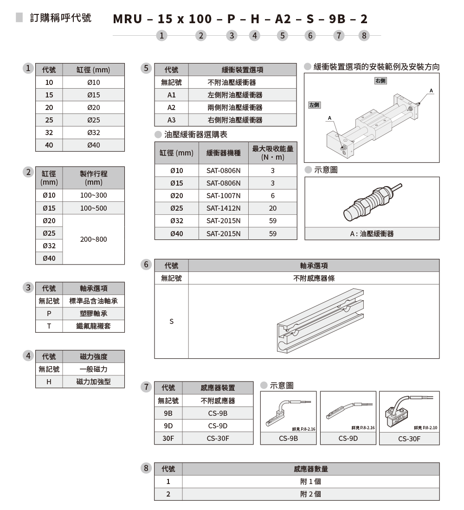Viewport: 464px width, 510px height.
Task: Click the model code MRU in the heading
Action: coord(128,19)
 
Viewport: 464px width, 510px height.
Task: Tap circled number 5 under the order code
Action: coord(282,35)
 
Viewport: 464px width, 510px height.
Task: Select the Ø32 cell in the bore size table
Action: coord(93,133)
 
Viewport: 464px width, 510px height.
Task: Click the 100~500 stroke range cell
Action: coord(93,208)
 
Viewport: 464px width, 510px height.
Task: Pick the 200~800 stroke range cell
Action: coord(93,239)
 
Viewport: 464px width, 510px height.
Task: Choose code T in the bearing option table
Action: coord(49,326)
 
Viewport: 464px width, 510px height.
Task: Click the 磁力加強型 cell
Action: coord(93,382)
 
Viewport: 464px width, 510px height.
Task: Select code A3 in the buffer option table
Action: coord(171,120)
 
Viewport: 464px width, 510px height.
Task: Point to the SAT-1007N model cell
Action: coord(224,196)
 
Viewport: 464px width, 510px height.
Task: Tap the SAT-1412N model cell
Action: coord(224,208)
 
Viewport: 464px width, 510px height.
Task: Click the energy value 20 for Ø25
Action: coord(272,208)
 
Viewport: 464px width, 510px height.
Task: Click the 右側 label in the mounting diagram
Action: coord(380,81)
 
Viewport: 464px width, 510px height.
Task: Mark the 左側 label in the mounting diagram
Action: coord(315,105)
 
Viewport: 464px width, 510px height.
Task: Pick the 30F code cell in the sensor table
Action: coord(168,438)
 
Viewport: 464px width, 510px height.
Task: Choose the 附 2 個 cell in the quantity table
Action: coord(310,494)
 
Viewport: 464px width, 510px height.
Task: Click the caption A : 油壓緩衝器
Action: coord(372,234)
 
